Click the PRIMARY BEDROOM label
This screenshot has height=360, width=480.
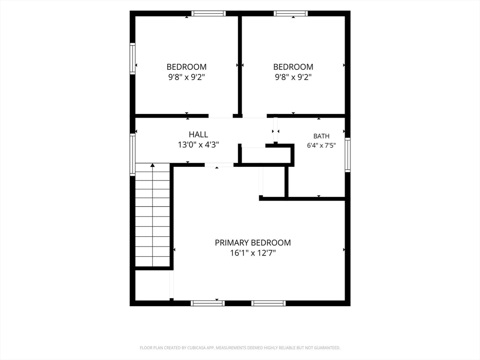pyautogui.click(x=253, y=243)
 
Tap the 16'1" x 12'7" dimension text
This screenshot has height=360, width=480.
pyautogui.click(x=253, y=253)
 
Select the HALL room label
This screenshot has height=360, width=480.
pyautogui.click(x=198, y=135)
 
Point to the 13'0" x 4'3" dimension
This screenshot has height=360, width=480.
pyautogui.click(x=198, y=145)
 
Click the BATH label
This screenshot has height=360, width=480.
pyautogui.click(x=322, y=136)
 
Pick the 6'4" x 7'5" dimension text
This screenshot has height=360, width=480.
pyautogui.click(x=322, y=145)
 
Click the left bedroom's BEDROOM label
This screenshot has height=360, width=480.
pyautogui.click(x=187, y=67)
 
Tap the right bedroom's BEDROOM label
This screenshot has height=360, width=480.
pyautogui.click(x=293, y=67)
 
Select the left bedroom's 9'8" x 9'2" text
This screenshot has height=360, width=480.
pyautogui.click(x=187, y=77)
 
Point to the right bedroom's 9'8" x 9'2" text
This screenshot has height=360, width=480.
pyautogui.click(x=293, y=77)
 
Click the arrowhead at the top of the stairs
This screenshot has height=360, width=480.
pyautogui.click(x=152, y=165)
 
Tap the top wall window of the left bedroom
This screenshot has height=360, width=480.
pyautogui.click(x=209, y=14)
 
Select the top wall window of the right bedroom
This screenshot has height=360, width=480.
pyautogui.click(x=291, y=14)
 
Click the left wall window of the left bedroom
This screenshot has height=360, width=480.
pyautogui.click(x=133, y=59)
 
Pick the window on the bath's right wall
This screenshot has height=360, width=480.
pyautogui.click(x=348, y=155)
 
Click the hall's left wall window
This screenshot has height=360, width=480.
pyautogui.click(x=133, y=155)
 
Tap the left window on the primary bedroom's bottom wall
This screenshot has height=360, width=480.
pyautogui.click(x=208, y=303)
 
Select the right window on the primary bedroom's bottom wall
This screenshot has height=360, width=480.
pyautogui.click(x=269, y=303)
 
